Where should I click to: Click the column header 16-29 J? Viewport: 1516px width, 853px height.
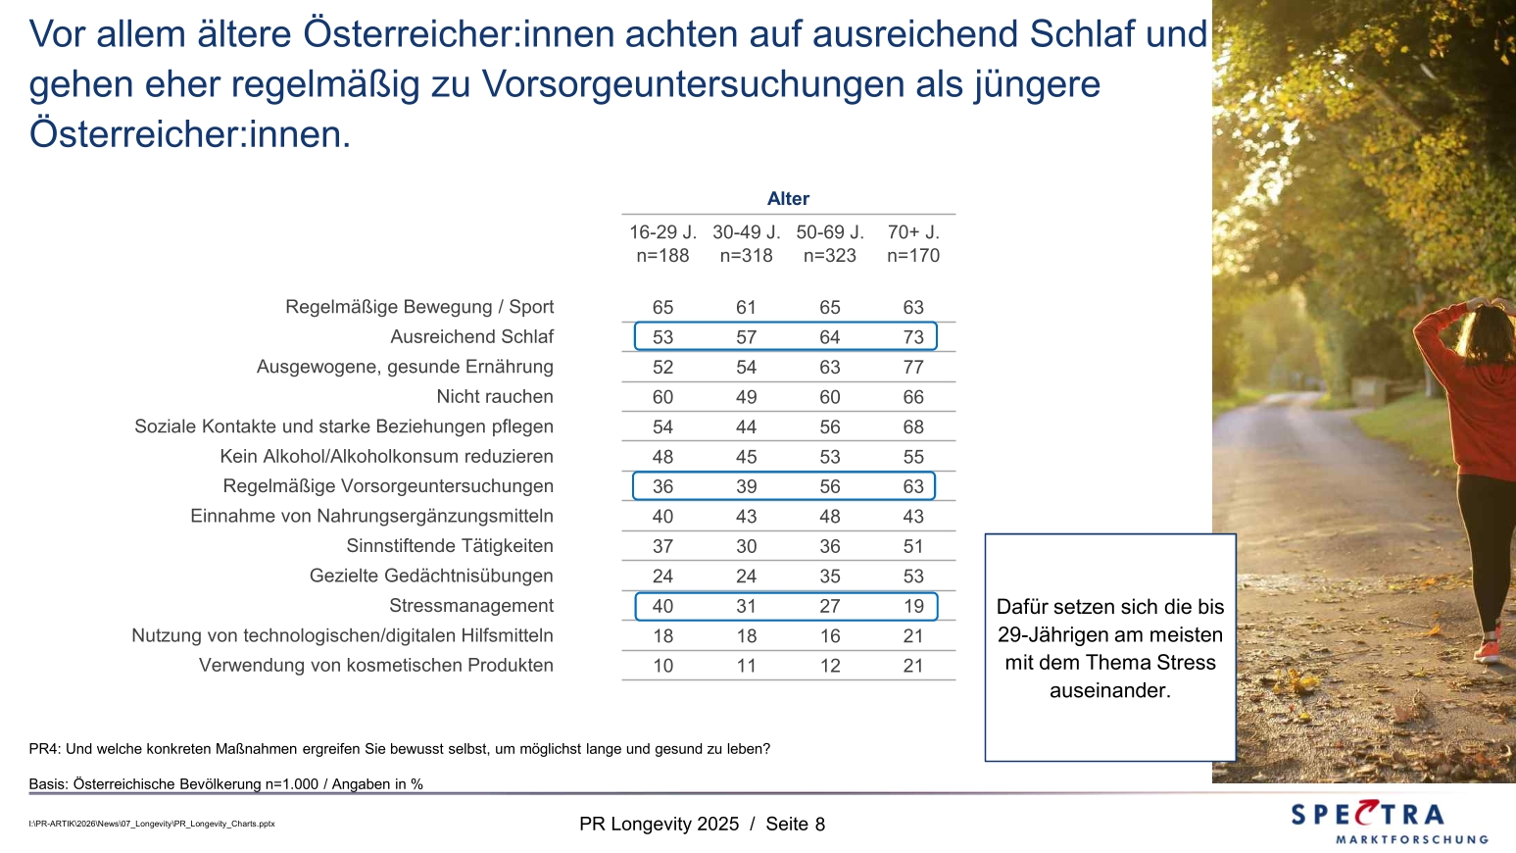[x=662, y=232]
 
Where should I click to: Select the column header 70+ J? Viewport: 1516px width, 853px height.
[x=913, y=232]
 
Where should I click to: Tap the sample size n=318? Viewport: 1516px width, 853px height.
[x=746, y=255]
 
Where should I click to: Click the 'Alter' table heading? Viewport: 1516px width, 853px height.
[x=788, y=198]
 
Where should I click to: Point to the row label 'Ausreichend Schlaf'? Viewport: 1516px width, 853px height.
[x=471, y=336]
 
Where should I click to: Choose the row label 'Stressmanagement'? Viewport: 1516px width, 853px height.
[x=471, y=605]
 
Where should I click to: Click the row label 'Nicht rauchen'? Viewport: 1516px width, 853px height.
[x=495, y=396]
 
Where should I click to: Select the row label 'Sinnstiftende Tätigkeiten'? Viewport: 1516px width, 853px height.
[x=450, y=546]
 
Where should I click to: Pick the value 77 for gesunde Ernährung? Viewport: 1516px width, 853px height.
[x=913, y=367]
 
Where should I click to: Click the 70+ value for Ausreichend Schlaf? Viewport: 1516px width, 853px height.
[x=913, y=337]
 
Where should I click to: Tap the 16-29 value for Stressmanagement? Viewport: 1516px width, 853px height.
[x=662, y=606]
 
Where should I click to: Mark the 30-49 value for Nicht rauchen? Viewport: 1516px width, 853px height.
[x=746, y=397]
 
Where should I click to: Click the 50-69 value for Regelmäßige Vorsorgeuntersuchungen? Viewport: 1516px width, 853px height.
[x=830, y=486]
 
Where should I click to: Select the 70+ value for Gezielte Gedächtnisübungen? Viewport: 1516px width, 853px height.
[x=913, y=577]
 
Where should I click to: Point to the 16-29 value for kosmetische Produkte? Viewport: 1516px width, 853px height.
[x=662, y=666]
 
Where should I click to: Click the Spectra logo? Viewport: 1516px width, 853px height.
[x=1389, y=822]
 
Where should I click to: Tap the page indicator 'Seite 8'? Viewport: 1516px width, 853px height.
[x=795, y=824]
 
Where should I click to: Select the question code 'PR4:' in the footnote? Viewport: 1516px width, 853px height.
[x=45, y=749]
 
